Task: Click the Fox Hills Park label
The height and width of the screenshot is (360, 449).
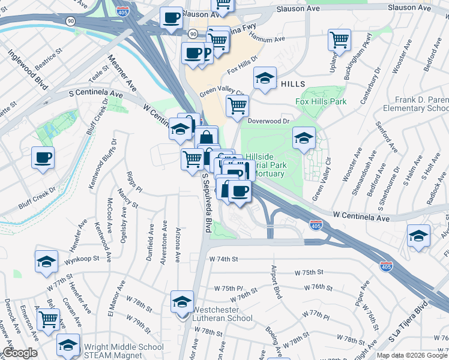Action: [321, 101]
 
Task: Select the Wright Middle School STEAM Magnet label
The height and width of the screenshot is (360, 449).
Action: [124, 351]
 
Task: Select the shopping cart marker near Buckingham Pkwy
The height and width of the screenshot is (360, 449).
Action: [339, 40]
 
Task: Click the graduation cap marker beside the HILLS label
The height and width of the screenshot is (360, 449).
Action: [264, 78]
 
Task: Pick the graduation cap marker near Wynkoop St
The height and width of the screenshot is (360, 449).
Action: [46, 262]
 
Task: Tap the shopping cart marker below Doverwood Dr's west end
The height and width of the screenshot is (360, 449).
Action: [237, 106]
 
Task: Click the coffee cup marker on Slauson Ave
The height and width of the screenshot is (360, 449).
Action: [172, 18]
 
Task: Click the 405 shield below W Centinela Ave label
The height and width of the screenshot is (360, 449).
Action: [316, 225]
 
